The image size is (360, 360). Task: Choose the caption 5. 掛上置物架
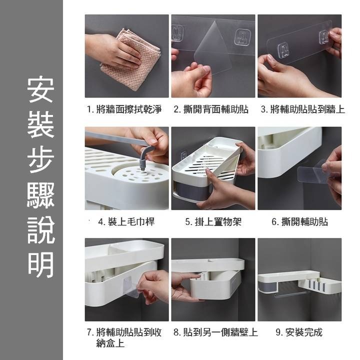click(213, 221)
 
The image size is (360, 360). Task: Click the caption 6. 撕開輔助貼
click(299, 221)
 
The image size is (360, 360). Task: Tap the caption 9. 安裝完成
click(299, 332)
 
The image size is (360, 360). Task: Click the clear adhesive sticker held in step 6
click(312, 172)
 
